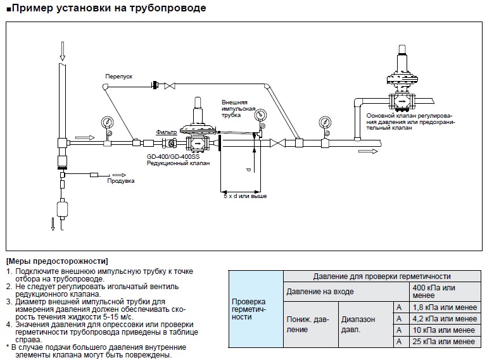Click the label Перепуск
pyautogui.click(x=118, y=76)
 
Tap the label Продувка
pyautogui.click(x=121, y=180)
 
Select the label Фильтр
pyautogui.click(x=167, y=132)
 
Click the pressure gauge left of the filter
pyautogui.click(x=104, y=121)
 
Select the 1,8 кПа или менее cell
pyautogui.click(x=444, y=307)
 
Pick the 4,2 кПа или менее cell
pyautogui.click(x=444, y=319)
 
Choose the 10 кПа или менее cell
pyautogui.click(x=443, y=330)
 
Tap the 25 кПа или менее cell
pyautogui.click(x=443, y=342)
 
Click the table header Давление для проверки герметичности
pyautogui.click(x=382, y=276)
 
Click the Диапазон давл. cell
pyautogui.click(x=358, y=325)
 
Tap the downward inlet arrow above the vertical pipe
pyautogui.click(x=61, y=48)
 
